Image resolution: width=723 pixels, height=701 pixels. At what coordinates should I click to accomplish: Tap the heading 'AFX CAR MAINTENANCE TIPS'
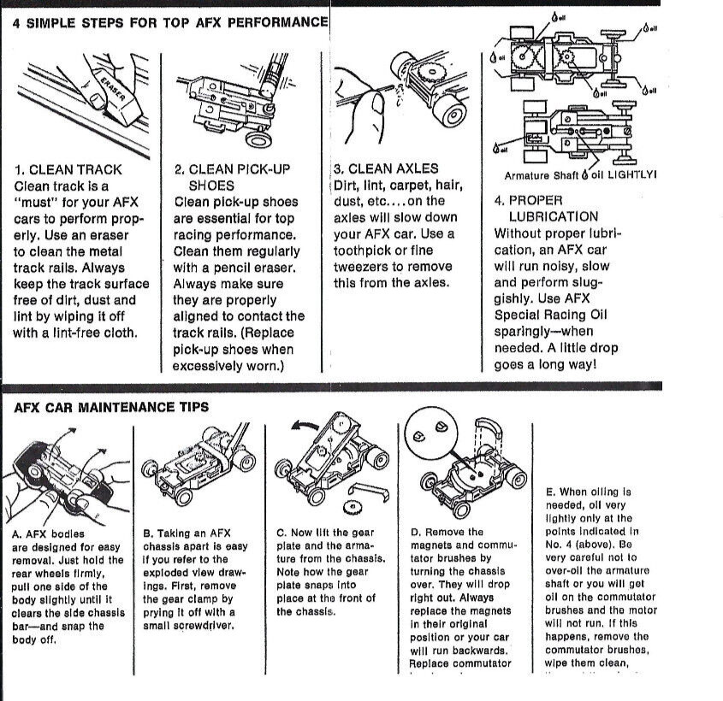(111, 408)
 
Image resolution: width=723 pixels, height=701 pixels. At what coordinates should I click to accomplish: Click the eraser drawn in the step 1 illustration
(110, 95)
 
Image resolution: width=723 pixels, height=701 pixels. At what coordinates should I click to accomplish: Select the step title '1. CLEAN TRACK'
(68, 169)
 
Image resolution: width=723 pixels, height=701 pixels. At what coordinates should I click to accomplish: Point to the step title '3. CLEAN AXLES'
(386, 169)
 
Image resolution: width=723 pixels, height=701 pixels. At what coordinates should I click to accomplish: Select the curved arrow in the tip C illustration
(305, 425)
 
